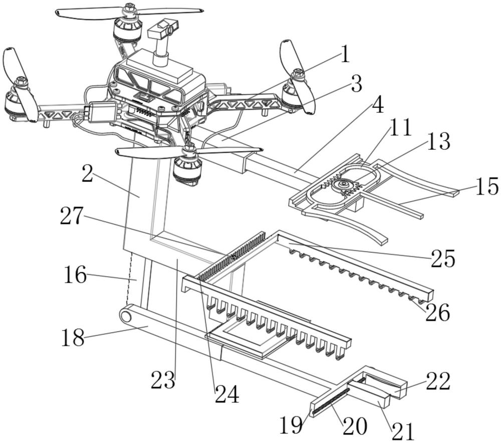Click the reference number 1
coord(345,55)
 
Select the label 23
coord(163,380)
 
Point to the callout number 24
coord(226,394)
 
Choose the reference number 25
coord(442,259)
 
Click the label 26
coord(437,313)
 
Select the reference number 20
coord(355,426)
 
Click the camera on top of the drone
coord(163,30)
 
